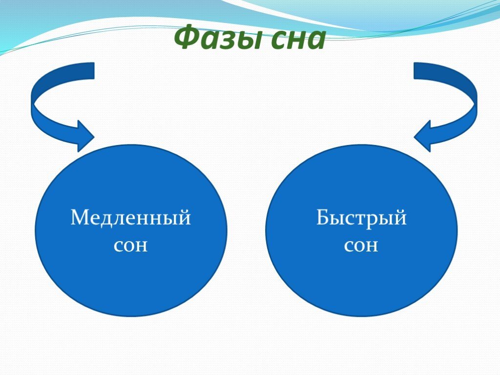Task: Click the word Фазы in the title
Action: pos(217,38)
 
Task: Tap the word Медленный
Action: pos(130,218)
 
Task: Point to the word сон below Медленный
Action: pos(131,246)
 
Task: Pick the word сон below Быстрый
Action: pos(361,246)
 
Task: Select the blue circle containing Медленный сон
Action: pos(131,230)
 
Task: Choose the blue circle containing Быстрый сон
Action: pos(362,230)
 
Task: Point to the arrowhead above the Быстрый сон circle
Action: pos(422,137)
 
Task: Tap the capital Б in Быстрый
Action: pos(323,217)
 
